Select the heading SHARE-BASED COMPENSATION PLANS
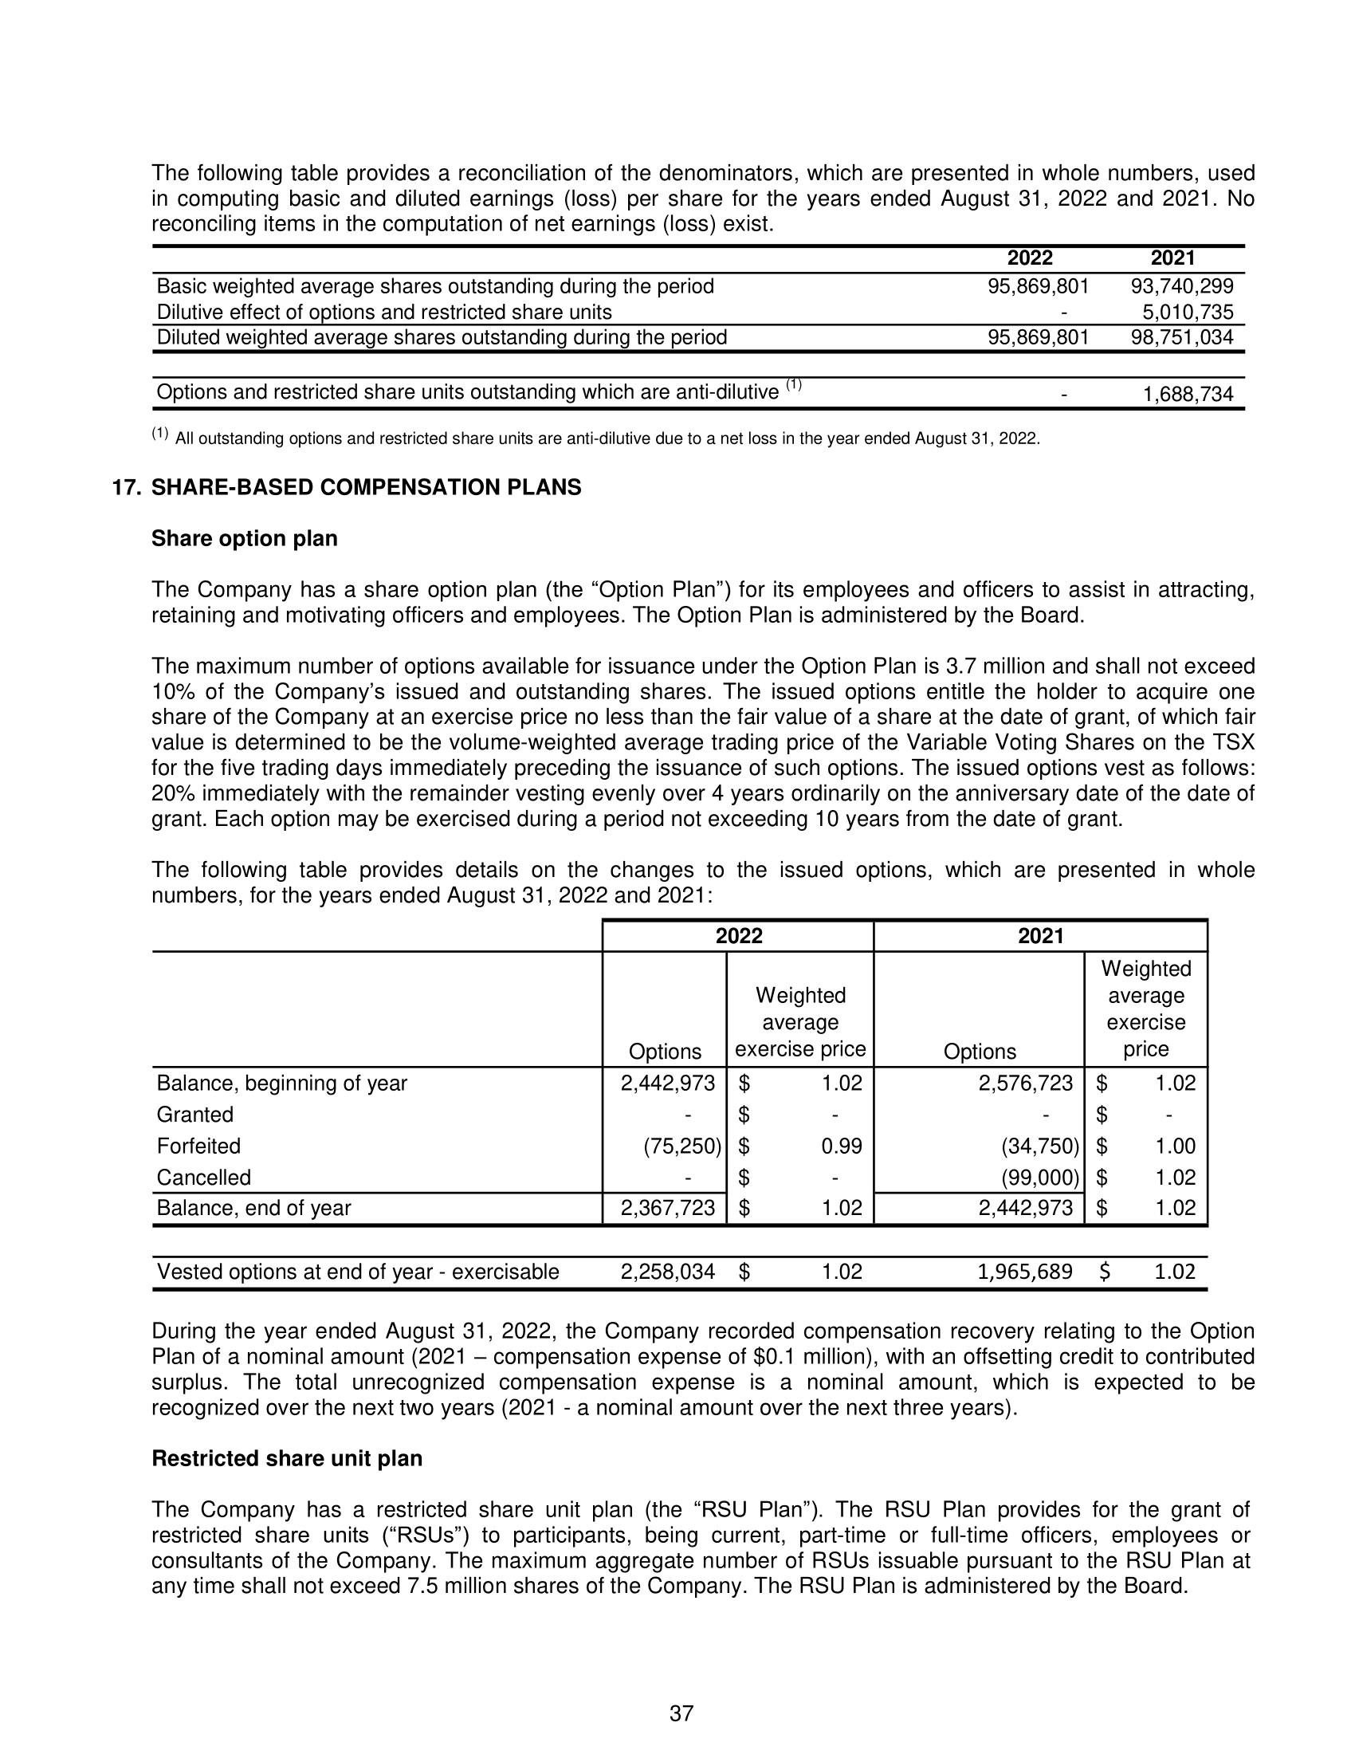tap(366, 487)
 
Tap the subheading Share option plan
tap(244, 538)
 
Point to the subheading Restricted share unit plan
tap(287, 1458)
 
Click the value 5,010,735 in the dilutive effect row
tap(1188, 312)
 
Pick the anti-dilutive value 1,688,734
tap(1188, 394)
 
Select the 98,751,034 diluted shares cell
tap(1181, 337)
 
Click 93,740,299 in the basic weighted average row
tap(1181, 286)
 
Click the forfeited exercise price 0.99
tap(841, 1146)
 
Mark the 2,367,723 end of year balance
tap(667, 1208)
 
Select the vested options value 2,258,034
tap(667, 1272)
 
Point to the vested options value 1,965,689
tap(1024, 1272)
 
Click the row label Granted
tap(195, 1115)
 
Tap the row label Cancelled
tap(204, 1178)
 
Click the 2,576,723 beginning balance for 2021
tap(1024, 1083)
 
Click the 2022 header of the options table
tap(739, 936)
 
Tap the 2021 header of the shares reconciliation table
tap(1172, 258)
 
